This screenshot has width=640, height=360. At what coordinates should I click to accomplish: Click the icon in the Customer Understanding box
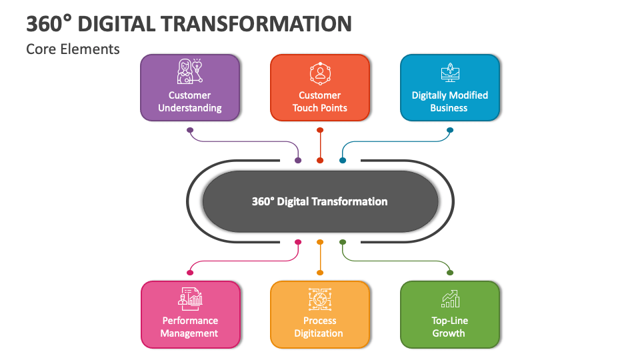(x=189, y=71)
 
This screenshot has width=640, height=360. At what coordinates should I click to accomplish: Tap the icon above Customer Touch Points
(x=320, y=72)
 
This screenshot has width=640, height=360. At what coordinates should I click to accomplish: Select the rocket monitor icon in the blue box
(x=450, y=73)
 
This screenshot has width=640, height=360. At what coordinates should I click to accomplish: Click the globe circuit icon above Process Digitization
(x=320, y=298)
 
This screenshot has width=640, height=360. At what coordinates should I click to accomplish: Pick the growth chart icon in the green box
(x=450, y=298)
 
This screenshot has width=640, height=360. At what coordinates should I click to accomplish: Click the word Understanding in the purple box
(x=190, y=108)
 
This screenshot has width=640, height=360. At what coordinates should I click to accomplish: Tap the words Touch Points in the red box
(x=320, y=108)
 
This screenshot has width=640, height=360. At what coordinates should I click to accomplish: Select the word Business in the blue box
(x=449, y=108)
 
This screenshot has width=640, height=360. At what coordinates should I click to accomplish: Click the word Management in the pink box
(x=189, y=333)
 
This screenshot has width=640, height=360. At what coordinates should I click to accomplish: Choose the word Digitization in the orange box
(x=319, y=333)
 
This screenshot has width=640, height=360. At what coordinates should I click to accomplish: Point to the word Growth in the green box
(x=449, y=333)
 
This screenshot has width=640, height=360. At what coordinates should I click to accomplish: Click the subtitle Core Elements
(x=73, y=49)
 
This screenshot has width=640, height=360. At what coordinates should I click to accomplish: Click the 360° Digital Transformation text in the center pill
(x=319, y=201)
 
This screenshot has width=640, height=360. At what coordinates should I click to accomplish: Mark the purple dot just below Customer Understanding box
(x=190, y=130)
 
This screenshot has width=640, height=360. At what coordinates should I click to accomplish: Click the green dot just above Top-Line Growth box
(x=450, y=272)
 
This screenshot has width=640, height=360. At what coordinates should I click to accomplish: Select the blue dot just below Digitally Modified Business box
(x=450, y=130)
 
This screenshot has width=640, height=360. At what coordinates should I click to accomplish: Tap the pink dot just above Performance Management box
(x=190, y=272)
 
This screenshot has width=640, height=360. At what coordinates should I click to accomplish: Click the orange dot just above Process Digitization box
(x=320, y=272)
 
